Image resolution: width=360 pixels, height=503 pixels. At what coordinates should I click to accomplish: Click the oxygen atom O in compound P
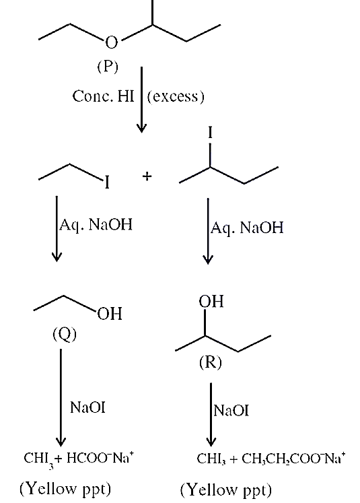(x=111, y=42)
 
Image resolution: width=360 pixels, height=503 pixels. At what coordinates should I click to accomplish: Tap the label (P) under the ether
(x=108, y=67)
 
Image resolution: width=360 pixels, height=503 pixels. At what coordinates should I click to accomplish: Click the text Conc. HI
(x=103, y=96)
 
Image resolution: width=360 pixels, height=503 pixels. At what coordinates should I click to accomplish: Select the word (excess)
(x=176, y=96)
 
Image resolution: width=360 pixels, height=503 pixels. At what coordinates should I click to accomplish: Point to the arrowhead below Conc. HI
(x=141, y=127)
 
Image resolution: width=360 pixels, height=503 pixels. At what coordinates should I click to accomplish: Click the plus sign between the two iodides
(x=147, y=176)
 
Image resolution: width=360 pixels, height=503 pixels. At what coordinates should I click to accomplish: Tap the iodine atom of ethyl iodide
(x=107, y=183)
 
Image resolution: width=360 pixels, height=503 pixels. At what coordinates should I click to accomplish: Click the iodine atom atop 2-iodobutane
(x=210, y=132)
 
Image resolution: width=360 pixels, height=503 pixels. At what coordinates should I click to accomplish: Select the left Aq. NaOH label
(x=96, y=224)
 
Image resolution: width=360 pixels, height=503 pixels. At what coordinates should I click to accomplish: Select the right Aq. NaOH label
(x=247, y=228)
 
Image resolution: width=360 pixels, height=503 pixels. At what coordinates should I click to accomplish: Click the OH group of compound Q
(x=110, y=313)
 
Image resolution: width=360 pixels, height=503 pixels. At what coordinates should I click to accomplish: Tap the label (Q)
(x=65, y=335)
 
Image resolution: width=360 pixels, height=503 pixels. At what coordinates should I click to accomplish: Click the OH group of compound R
(x=211, y=302)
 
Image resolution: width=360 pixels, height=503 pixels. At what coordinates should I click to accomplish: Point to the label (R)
(x=211, y=362)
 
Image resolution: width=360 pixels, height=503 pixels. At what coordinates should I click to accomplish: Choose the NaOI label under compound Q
(x=87, y=407)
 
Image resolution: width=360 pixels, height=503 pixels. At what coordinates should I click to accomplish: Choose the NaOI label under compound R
(x=231, y=411)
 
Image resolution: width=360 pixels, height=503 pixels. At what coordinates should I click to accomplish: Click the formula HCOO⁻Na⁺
(x=100, y=458)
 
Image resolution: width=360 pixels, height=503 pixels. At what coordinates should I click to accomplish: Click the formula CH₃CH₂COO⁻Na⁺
(x=293, y=459)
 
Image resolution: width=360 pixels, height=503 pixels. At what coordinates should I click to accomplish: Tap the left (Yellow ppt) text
(x=65, y=489)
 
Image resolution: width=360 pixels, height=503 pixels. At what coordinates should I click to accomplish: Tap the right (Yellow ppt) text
(x=226, y=490)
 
